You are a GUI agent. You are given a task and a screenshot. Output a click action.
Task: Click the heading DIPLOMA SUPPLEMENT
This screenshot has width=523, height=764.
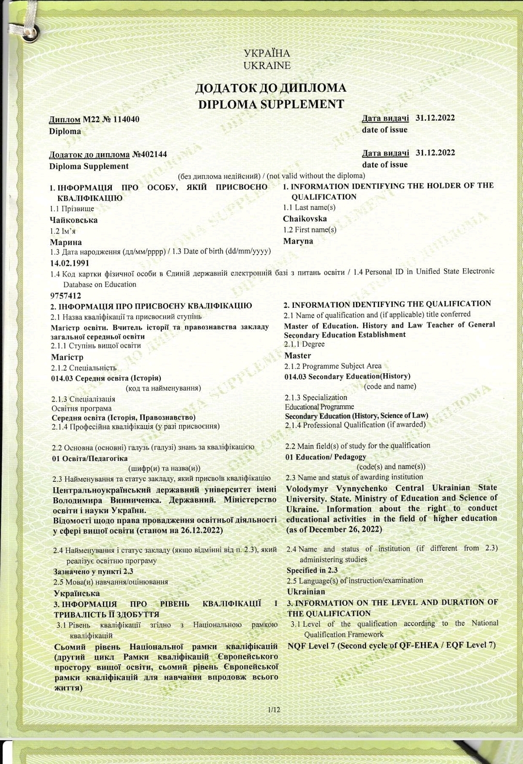pos(271,104)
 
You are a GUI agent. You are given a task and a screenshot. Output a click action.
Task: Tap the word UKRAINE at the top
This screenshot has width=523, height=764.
pos(267,65)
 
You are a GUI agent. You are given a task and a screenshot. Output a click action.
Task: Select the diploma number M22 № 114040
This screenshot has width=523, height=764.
pos(111,119)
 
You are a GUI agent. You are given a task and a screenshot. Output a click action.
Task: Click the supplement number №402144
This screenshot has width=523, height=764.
pos(149,154)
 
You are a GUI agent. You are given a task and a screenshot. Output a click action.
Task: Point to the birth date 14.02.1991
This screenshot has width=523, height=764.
pos(70,263)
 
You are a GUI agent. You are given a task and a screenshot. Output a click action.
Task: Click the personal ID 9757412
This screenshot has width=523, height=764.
pos(66,296)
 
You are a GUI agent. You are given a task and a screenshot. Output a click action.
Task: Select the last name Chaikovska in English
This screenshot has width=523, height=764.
pos(305,219)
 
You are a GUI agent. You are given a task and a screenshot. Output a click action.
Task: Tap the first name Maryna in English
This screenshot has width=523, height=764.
pos(298,241)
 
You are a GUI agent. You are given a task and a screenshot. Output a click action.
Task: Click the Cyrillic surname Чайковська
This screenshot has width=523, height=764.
pos(74,220)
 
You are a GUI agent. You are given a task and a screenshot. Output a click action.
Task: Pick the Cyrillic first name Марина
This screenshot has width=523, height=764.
pos(66,242)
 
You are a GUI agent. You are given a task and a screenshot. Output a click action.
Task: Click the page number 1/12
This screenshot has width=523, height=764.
pos(274,710)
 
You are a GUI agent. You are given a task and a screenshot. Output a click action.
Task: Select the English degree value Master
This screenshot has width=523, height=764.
pos(297,355)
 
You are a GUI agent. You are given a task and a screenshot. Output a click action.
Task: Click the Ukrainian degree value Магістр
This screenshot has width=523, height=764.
pos(67,357)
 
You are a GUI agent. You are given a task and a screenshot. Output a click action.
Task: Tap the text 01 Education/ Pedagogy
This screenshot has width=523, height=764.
pos(325,457)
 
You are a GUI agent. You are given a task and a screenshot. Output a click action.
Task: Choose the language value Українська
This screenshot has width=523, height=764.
pos(77,593)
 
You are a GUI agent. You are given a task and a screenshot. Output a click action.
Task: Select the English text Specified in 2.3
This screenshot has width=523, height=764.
pos(312,570)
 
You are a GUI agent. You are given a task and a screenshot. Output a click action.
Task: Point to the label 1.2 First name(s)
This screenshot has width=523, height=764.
pos(309,230)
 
